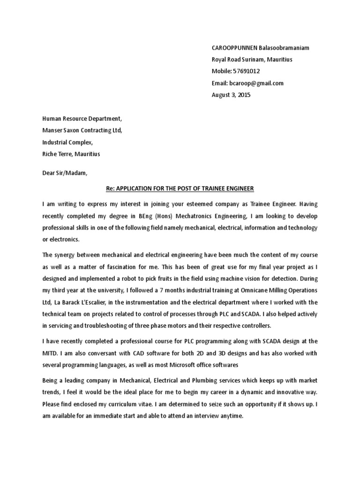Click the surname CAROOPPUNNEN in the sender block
point(229,48)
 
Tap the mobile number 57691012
point(246,71)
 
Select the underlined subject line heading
point(180,188)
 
